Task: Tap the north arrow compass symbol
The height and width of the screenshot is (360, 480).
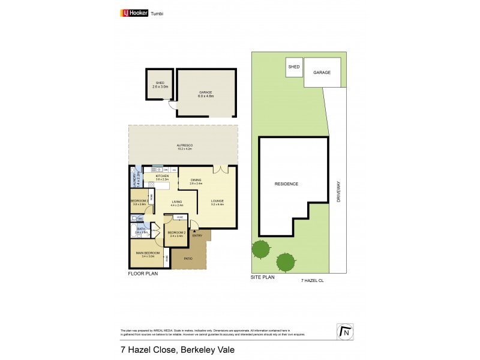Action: (x=344, y=331)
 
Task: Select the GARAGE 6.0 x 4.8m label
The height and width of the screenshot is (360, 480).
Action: (x=206, y=94)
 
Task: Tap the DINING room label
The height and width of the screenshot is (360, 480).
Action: (x=196, y=181)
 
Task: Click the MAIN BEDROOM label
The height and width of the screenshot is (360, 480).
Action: (x=146, y=254)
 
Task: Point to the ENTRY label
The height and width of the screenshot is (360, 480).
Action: (x=197, y=235)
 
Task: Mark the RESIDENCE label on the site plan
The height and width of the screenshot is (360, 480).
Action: (x=286, y=184)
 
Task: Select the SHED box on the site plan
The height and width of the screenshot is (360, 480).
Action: (x=293, y=67)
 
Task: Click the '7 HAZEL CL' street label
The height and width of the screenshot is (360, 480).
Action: (x=311, y=280)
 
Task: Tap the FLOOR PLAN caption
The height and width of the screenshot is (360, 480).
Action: (x=142, y=274)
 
